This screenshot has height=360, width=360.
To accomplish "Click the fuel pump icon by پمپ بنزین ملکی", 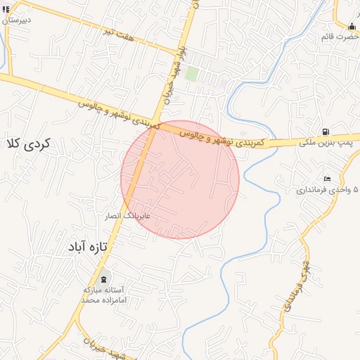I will coord(325,131).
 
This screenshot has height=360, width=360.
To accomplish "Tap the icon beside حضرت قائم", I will coord(352,27).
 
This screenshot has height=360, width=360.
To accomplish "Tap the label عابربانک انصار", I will coord(127,215).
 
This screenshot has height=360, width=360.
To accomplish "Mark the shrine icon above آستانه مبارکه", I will coord(104,279).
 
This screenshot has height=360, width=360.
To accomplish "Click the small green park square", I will coord(191,74).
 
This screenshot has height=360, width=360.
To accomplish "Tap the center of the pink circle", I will coord(180,179).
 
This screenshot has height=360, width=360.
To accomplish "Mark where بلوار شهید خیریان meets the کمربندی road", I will coord(155,124).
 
